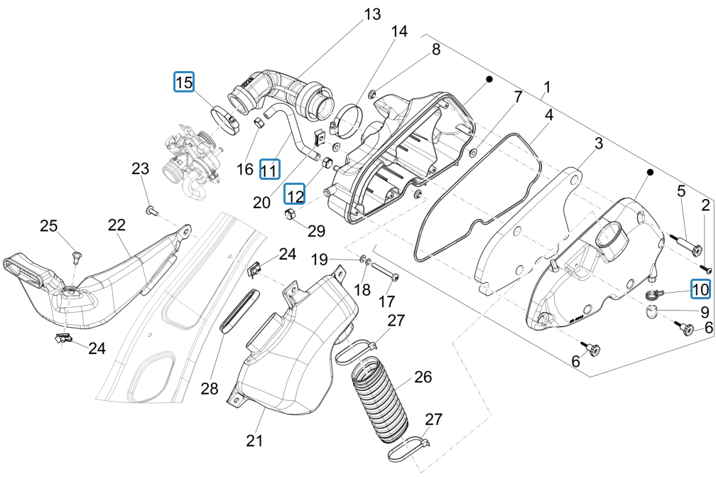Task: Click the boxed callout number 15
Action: (x=184, y=82)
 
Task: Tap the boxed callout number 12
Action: (x=295, y=193)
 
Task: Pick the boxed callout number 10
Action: (x=700, y=289)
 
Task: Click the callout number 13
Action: (x=372, y=14)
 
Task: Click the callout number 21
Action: (x=254, y=440)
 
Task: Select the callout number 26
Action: (x=423, y=377)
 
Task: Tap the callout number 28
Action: (x=210, y=388)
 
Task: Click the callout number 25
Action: (x=48, y=226)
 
